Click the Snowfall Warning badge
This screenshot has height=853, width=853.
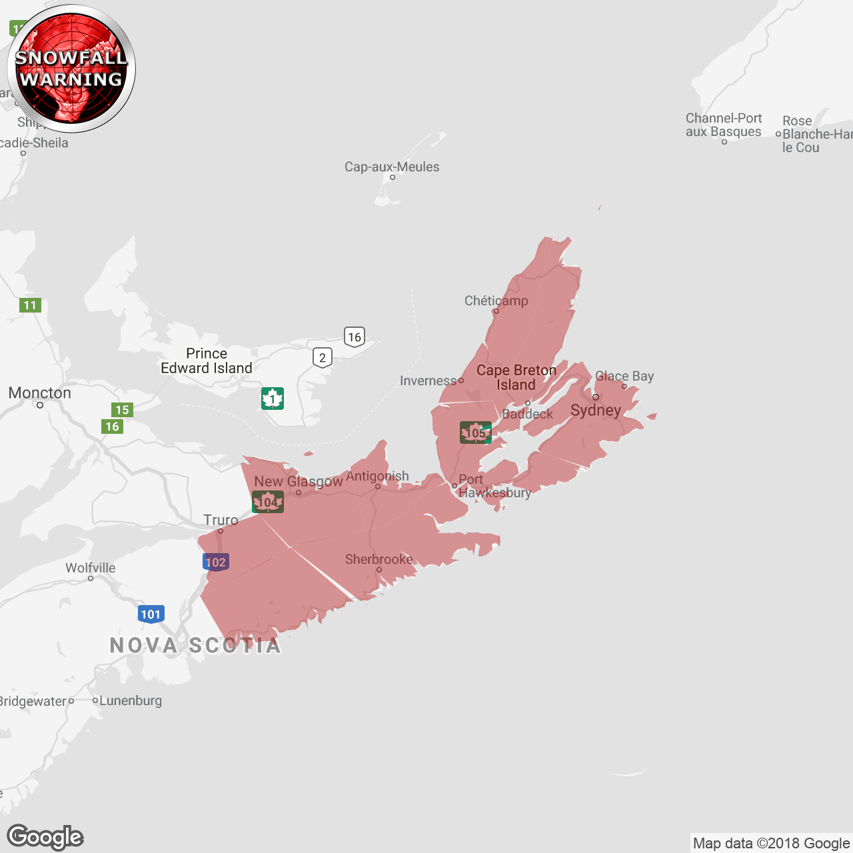71,69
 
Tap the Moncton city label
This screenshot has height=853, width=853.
40,393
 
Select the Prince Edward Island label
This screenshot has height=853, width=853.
207,361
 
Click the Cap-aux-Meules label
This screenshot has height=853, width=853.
392,167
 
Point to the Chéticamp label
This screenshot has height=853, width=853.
496,301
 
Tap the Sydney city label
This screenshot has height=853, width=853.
596,410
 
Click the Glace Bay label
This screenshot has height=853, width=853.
624,376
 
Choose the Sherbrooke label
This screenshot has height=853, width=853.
379,559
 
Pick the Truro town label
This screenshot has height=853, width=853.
221,520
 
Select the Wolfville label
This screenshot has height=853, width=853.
91,568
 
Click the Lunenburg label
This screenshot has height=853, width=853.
131,700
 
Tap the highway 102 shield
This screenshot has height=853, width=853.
215,562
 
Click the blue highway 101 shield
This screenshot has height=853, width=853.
151,614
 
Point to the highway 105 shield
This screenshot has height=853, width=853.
475,432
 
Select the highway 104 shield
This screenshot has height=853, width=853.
268,502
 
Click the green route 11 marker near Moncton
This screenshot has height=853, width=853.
30,305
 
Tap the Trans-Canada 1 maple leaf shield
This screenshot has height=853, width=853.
272,399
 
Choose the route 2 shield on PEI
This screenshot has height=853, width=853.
323,357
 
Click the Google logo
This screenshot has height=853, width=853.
45,837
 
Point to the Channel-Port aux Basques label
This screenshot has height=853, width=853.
724,125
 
